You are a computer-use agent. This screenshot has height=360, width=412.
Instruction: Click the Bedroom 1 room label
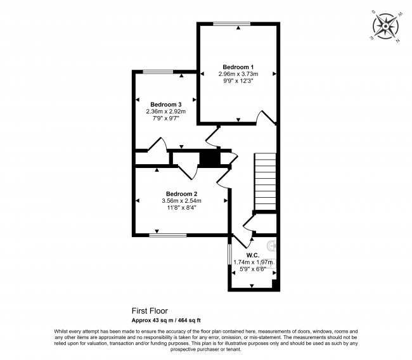click(x=238, y=67)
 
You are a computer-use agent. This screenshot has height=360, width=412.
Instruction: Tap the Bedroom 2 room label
click(x=182, y=194)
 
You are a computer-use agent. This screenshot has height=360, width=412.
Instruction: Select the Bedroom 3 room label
click(x=166, y=105)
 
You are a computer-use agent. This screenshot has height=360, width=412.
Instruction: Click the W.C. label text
click(x=253, y=255)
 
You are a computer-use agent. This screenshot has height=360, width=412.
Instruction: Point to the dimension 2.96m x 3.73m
click(x=238, y=74)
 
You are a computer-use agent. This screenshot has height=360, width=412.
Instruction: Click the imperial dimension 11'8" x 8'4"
click(x=182, y=208)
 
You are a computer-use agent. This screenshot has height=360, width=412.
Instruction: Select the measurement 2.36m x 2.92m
click(x=166, y=112)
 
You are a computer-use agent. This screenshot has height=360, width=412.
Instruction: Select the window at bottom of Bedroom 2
click(x=168, y=235)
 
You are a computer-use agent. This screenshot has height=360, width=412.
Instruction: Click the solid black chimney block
click(x=209, y=158)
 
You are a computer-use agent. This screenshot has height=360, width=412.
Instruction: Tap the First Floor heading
click(x=150, y=311)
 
